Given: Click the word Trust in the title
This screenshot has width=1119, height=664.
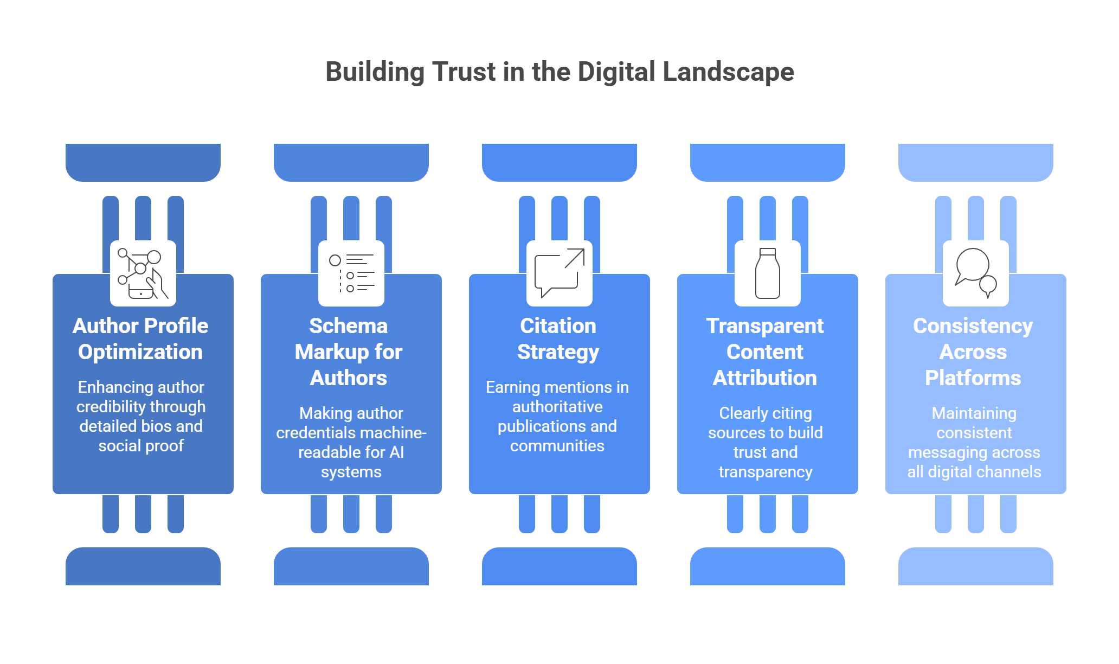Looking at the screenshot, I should (464, 72).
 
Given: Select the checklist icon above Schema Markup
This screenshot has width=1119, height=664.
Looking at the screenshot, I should (351, 273).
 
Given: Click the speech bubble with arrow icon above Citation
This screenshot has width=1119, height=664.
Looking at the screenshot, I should (559, 273).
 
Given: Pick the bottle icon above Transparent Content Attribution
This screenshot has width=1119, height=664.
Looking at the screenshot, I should (768, 273).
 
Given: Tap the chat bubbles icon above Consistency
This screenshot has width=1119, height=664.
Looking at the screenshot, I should (976, 273).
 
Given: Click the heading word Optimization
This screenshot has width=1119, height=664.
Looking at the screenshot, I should (140, 352).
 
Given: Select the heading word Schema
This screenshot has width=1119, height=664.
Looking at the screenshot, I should (349, 326).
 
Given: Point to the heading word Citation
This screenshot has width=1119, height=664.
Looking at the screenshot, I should (558, 326).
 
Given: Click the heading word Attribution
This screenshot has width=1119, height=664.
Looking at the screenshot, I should (765, 378).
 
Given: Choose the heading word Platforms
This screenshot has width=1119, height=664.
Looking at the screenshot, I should (973, 378).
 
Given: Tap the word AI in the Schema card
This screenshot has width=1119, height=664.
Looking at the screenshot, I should (397, 452).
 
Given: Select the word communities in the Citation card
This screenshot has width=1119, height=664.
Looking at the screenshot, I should (557, 446).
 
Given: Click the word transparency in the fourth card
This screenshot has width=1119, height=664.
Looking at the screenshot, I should (766, 472).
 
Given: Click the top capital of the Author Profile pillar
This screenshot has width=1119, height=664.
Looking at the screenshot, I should (143, 162).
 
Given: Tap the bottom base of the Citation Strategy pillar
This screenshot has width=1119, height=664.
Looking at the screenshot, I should (559, 566).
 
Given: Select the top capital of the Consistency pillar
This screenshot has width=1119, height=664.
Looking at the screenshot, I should (976, 162).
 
